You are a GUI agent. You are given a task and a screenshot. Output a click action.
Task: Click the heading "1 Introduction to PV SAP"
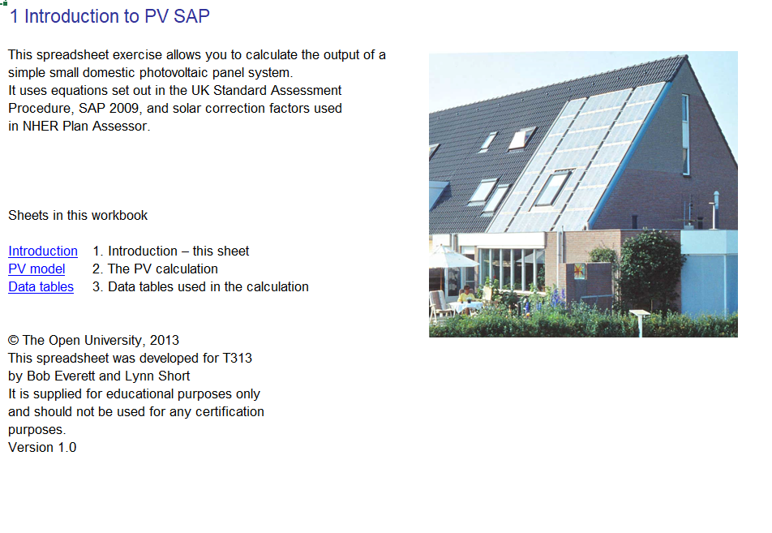coord(109,16)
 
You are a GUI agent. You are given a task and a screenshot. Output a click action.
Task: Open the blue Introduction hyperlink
coord(43,251)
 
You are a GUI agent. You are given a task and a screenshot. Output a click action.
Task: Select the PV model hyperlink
coord(36,269)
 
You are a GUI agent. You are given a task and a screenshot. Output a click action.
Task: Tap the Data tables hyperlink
coord(41,287)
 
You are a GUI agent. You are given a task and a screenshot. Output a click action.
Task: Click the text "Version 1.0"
coord(42,448)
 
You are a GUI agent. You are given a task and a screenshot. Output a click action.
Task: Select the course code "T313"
coord(235,359)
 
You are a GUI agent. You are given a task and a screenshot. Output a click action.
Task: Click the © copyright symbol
coord(13,341)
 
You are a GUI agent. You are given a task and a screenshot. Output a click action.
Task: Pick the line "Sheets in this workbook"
coord(78,216)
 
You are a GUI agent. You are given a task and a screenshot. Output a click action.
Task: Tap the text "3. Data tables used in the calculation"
coord(200,287)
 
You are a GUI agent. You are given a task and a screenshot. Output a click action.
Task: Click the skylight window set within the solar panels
coord(553,188)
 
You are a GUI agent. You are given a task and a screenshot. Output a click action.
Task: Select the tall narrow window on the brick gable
coord(685,134)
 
